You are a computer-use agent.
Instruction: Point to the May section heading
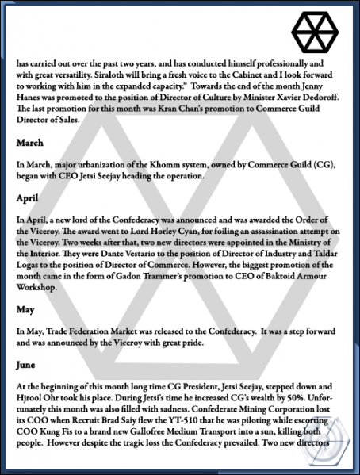click(26, 308)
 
